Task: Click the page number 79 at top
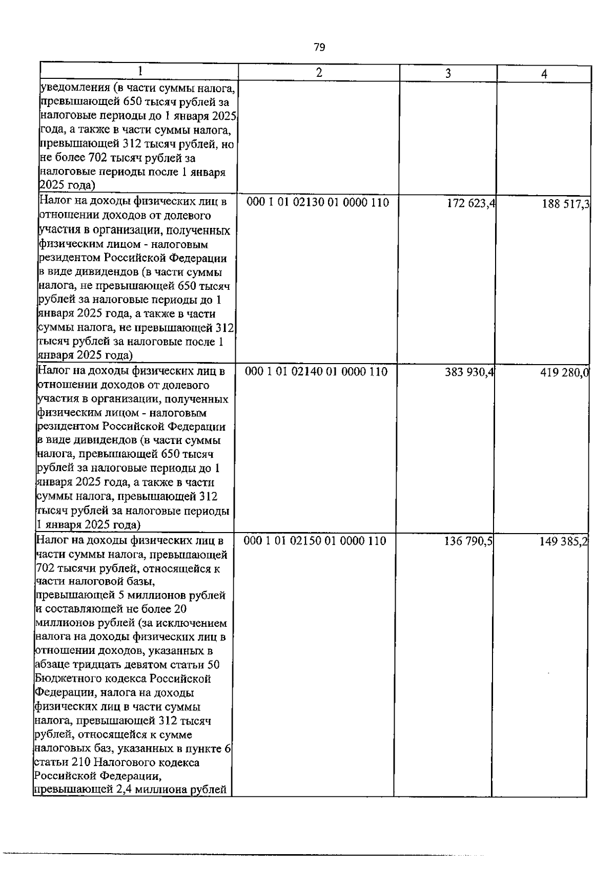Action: [x=319, y=48]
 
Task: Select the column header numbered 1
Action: [x=139, y=71]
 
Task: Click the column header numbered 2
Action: [x=319, y=72]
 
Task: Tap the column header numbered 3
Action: [x=448, y=73]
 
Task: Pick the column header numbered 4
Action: [x=544, y=74]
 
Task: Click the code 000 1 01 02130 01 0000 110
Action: [x=318, y=203]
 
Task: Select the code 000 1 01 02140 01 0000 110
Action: [x=317, y=372]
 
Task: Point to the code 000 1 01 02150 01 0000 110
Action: [x=315, y=541]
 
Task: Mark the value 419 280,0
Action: [x=564, y=373]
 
